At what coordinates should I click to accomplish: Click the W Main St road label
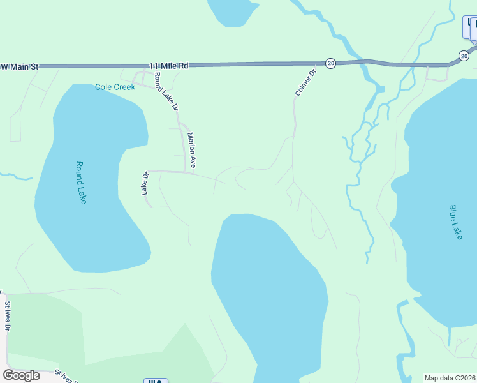click(20, 66)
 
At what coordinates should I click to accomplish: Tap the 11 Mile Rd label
click(170, 65)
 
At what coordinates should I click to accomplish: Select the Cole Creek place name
click(115, 87)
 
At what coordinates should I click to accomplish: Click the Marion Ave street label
click(190, 149)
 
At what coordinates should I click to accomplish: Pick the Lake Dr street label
click(145, 183)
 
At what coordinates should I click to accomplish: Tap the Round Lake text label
click(81, 183)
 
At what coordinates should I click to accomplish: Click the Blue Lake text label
click(455, 222)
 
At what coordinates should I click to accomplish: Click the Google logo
click(21, 375)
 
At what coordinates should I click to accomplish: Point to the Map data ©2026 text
click(450, 378)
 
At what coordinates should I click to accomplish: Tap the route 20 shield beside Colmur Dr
click(330, 63)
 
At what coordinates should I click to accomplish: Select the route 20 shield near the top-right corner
click(464, 56)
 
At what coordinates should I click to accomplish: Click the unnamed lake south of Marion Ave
click(268, 287)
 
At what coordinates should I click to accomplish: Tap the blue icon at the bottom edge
click(155, 380)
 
